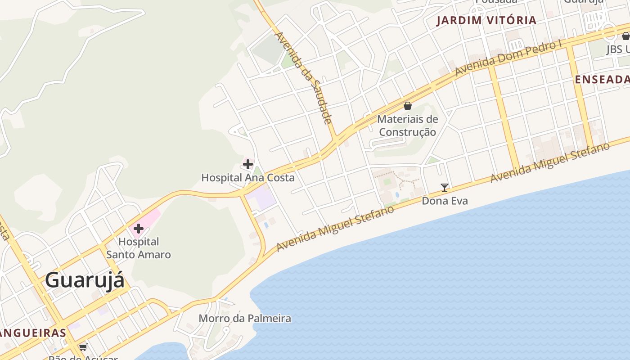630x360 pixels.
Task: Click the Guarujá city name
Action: [85, 280]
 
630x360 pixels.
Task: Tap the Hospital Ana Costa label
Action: [248, 178]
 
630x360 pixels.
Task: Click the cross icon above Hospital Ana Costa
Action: [248, 164]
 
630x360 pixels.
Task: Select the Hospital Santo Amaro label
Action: [139, 248]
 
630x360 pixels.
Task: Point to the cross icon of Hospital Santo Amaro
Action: [138, 229]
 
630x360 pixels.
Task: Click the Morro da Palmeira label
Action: [245, 319]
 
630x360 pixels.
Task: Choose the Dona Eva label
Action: [445, 201]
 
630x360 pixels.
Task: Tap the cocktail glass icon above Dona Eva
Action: [445, 188]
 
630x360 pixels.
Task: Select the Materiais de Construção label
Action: [408, 126]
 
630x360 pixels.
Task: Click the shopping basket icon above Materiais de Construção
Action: [408, 106]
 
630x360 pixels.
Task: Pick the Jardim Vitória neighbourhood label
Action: [486, 20]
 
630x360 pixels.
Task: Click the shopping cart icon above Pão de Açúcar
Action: [83, 347]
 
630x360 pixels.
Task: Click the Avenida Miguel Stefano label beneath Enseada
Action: [550, 162]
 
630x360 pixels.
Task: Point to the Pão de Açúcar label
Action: [83, 358]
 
